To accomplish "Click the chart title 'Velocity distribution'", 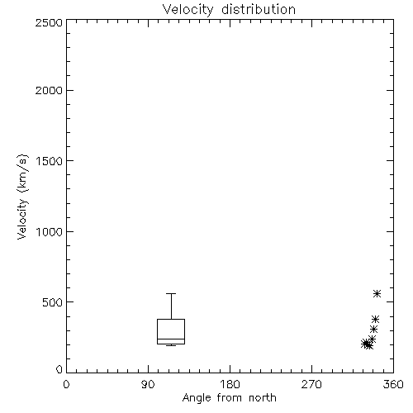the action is (229, 9).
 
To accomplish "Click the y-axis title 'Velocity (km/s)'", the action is (22, 197).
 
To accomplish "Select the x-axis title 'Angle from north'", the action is (229, 398).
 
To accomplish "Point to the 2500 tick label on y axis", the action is (49, 22).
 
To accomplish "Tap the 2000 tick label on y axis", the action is (49, 90).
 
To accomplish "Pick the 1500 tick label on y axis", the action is (50, 161).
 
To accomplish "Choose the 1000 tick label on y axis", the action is (50, 231).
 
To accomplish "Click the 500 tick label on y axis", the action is (53, 302).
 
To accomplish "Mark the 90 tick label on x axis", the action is (148, 384).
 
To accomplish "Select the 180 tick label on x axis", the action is (230, 384).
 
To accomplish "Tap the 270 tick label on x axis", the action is (311, 384).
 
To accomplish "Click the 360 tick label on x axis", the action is (393, 384).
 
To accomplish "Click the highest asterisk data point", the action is (377, 294).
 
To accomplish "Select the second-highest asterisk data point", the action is (375, 320).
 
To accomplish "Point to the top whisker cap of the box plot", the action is (171, 294).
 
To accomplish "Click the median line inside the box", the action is (171, 339).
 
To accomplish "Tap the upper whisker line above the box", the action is (171, 306).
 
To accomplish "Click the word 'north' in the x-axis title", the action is (263, 398).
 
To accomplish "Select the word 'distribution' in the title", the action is (259, 9).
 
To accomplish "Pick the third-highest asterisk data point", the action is (373, 329).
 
